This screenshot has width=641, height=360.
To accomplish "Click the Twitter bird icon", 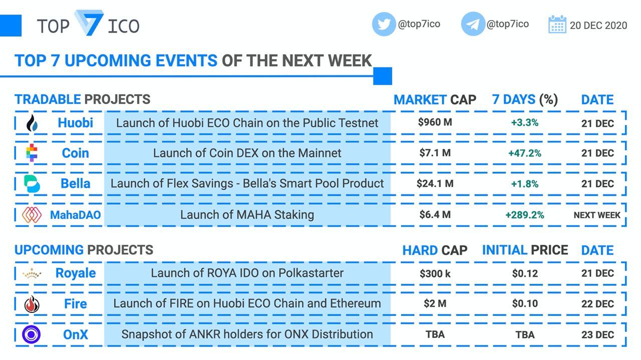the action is (x=384, y=24).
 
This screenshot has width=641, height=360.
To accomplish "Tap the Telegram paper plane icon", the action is (x=473, y=24).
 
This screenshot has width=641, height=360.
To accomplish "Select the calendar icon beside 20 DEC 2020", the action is (x=557, y=25).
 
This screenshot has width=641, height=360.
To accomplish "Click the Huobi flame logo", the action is (x=32, y=123).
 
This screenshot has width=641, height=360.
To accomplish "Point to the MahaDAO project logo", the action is (x=32, y=215).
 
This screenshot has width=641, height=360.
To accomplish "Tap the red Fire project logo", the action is (x=32, y=304).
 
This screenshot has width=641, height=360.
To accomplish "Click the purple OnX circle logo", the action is (x=32, y=334).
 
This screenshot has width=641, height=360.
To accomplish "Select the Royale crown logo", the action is (x=32, y=274).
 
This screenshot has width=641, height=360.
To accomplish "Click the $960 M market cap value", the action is (x=435, y=123).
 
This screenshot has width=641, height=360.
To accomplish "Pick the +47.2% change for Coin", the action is (x=524, y=153).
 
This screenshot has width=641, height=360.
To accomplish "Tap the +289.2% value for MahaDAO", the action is (x=524, y=215).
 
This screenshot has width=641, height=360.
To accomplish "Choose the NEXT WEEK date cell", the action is (x=597, y=215).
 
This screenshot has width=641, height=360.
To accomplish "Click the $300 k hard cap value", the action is (x=435, y=273).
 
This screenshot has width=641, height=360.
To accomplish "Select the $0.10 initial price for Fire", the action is (x=525, y=303).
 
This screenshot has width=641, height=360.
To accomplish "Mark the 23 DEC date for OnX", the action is (x=597, y=334).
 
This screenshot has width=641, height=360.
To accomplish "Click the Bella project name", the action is (x=75, y=183).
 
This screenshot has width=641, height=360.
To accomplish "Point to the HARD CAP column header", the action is (x=435, y=250).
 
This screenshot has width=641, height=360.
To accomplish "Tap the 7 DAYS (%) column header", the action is (x=525, y=100).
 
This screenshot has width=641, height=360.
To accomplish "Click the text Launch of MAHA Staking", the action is (x=247, y=215).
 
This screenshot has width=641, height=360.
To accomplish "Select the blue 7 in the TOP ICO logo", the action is (x=89, y=23).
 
